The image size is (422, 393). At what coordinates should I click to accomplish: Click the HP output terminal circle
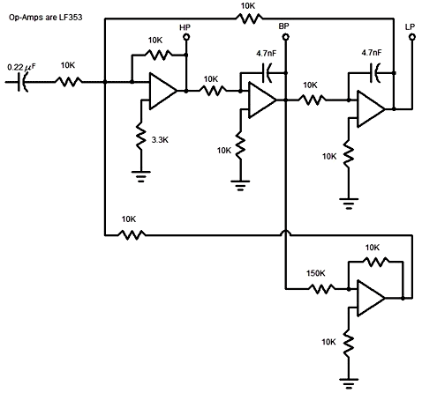click(x=186, y=37)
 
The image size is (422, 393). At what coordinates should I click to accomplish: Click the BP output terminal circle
click(x=285, y=37)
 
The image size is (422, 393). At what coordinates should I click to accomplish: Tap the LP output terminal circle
click(x=412, y=37)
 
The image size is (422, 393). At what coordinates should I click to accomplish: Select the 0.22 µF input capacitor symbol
click(x=23, y=82)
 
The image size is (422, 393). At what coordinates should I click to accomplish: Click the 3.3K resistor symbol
click(x=141, y=137)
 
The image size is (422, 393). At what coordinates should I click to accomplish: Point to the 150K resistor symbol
click(x=321, y=289)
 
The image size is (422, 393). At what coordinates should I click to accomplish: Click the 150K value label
click(x=316, y=273)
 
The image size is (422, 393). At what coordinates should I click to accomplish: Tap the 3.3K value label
click(x=160, y=140)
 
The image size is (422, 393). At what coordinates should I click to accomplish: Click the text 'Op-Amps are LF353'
click(x=46, y=18)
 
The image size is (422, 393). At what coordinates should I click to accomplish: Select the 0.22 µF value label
click(x=21, y=67)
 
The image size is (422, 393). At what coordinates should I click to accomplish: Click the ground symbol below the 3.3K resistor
click(x=141, y=177)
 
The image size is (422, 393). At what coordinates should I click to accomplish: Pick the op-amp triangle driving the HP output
click(x=163, y=91)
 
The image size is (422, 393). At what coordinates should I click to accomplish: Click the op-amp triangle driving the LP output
click(x=371, y=109)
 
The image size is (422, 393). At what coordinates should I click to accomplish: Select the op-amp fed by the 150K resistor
click(x=371, y=298)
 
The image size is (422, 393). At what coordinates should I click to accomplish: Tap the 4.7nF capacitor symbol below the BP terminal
click(x=268, y=72)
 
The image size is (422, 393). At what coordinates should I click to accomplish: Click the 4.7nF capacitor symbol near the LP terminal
click(x=375, y=72)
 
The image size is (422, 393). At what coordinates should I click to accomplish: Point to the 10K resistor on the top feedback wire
click(x=249, y=19)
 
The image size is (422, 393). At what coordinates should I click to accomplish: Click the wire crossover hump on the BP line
click(x=285, y=233)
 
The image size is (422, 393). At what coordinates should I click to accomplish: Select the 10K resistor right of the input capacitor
click(x=68, y=82)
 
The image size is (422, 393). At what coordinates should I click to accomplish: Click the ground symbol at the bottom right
click(x=349, y=383)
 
